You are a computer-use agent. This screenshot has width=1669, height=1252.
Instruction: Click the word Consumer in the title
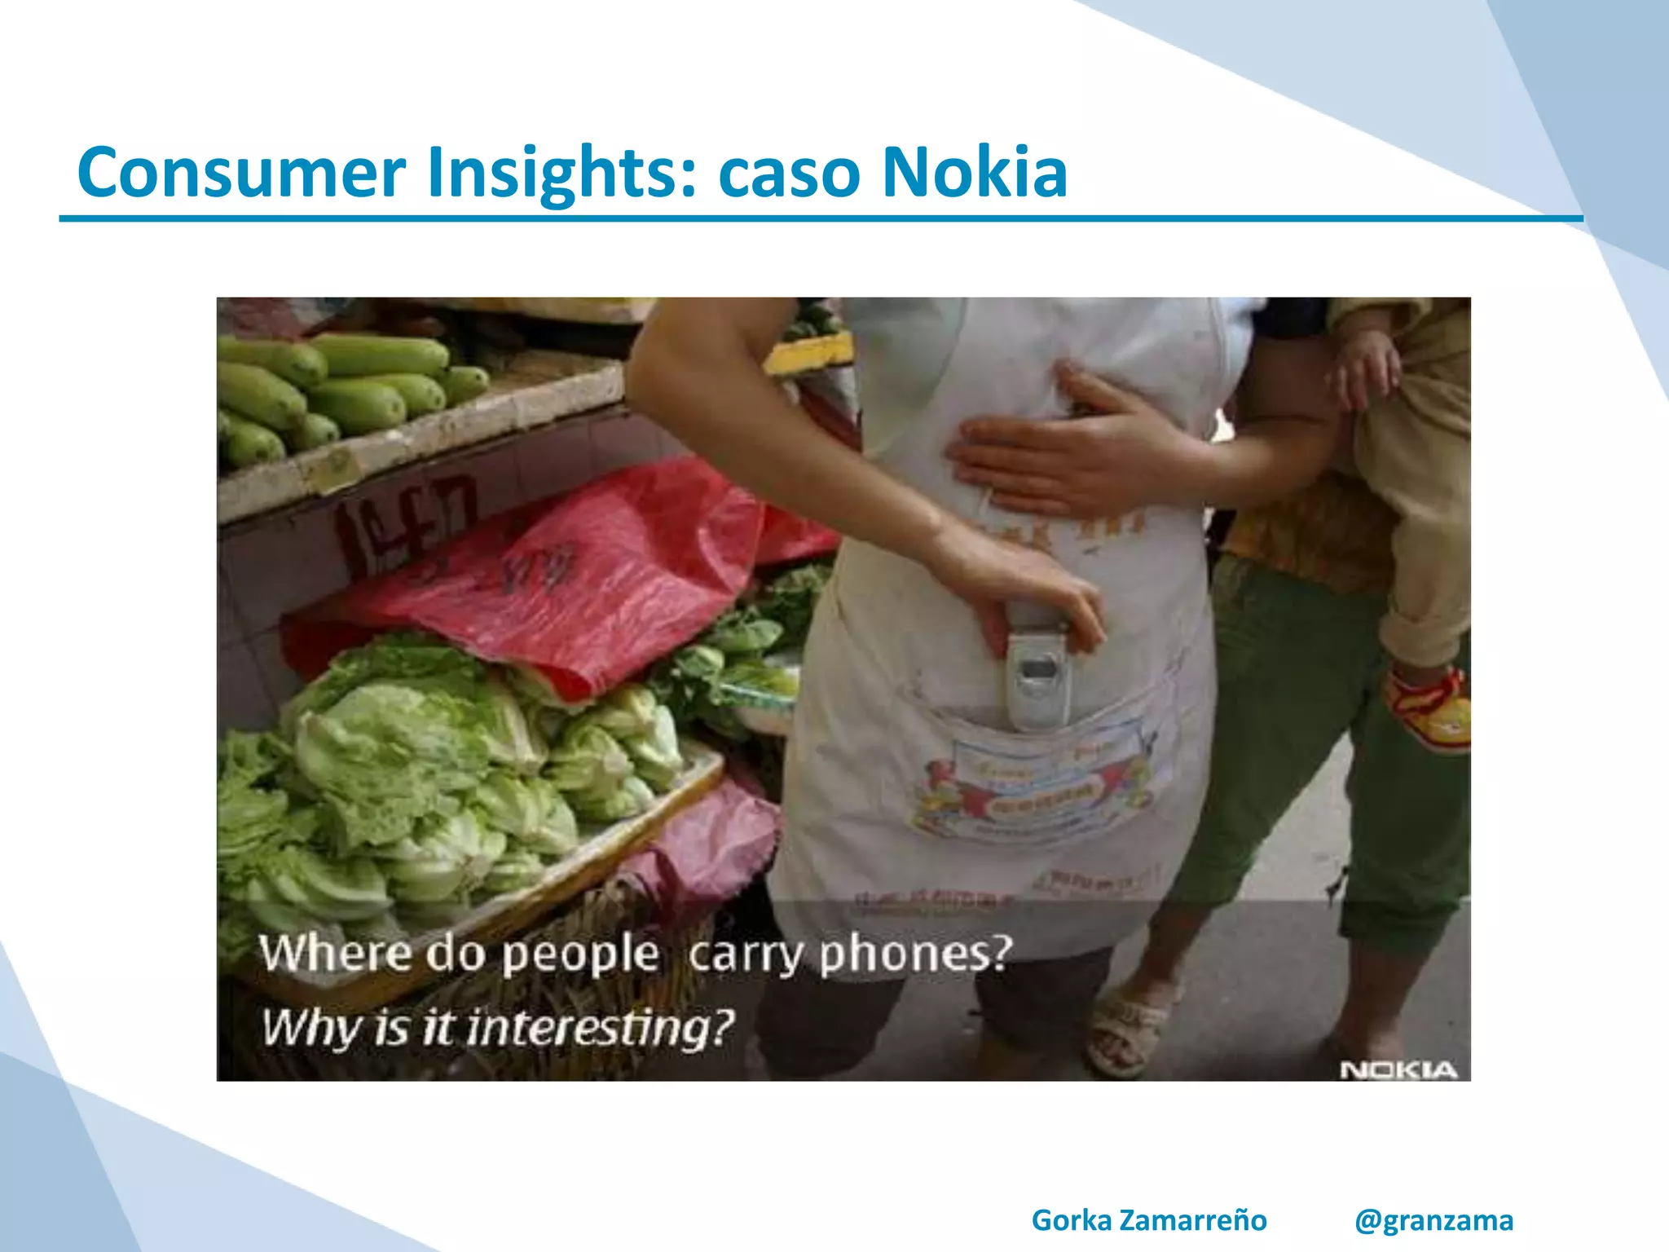pyautogui.click(x=241, y=172)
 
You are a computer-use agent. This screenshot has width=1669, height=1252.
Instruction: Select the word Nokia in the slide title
pyautogui.click(x=975, y=172)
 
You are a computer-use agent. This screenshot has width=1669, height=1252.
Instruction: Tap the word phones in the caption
pyautogui.click(x=916, y=954)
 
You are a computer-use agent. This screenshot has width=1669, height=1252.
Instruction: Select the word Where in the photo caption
pyautogui.click(x=335, y=952)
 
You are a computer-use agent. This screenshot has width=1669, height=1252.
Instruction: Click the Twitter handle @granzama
pyautogui.click(x=1433, y=1220)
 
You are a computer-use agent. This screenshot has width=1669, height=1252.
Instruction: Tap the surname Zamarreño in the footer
pyautogui.click(x=1193, y=1220)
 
